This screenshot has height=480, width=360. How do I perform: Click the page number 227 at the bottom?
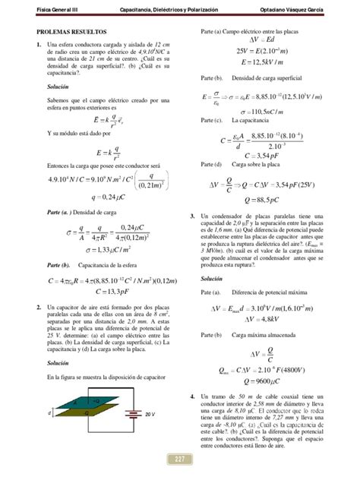click(x=179, y=459)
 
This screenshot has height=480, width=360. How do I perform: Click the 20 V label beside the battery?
click(x=150, y=414)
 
